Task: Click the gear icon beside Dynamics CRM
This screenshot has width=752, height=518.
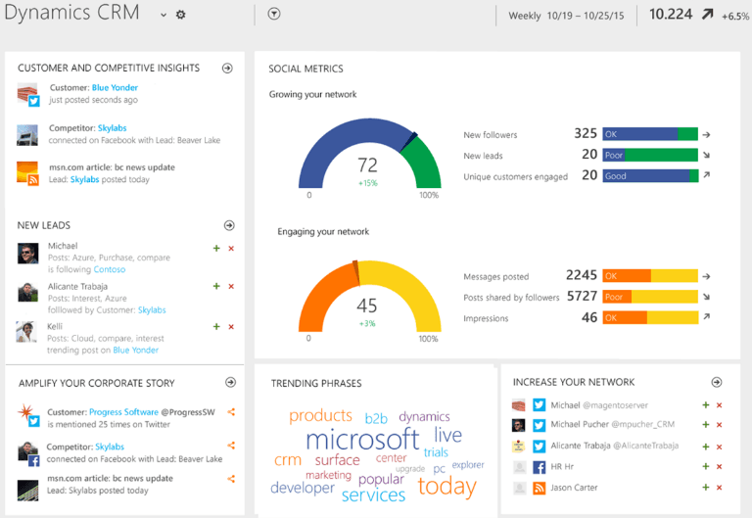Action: [x=180, y=15]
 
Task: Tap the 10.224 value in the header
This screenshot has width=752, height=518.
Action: [x=671, y=14]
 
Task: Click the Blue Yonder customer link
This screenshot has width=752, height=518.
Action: [x=115, y=88]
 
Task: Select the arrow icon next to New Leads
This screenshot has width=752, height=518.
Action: [x=228, y=225]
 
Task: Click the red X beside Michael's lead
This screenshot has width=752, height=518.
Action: [x=231, y=249]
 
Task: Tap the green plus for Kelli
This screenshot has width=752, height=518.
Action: [x=216, y=326]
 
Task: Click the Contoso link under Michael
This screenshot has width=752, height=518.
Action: [x=110, y=269]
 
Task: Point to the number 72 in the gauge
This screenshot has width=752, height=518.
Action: [x=367, y=165]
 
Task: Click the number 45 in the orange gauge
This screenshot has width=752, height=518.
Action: [x=367, y=306]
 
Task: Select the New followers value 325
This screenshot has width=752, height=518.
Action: [x=586, y=134]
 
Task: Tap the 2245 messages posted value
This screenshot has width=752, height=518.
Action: [x=582, y=276]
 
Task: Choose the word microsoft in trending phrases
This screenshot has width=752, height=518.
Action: [x=362, y=440]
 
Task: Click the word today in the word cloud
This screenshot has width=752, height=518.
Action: [x=446, y=486]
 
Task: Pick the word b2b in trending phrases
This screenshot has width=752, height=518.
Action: [x=376, y=418]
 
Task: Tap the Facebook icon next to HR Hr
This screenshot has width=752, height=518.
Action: [x=539, y=467]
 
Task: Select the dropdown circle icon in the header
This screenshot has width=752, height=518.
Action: [x=274, y=15]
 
